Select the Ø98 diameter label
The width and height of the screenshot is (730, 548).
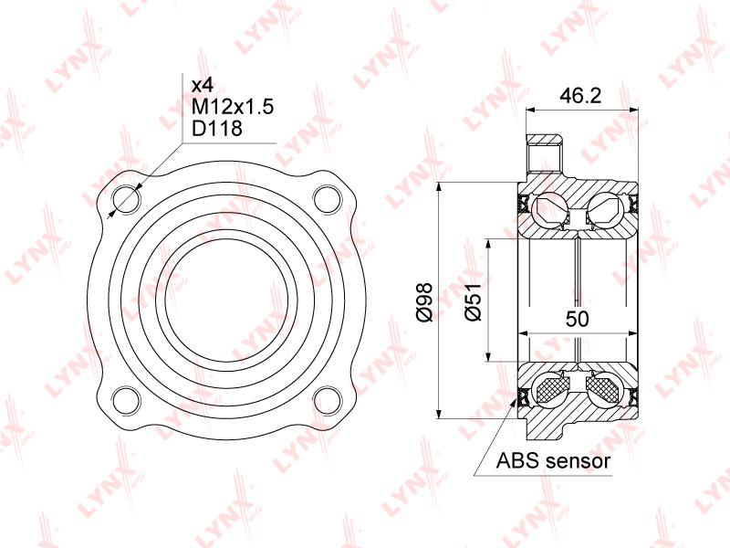[x=424, y=302]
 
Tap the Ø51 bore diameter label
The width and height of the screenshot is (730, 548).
[x=473, y=302]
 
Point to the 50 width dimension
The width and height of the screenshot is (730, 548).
[x=578, y=319]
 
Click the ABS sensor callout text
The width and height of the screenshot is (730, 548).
[x=553, y=461]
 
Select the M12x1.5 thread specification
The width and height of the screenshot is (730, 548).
[x=233, y=107]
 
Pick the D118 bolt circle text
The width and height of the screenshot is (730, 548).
[x=217, y=128]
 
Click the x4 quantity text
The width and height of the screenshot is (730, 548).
[x=203, y=86]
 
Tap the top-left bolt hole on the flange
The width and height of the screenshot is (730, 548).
[x=126, y=199]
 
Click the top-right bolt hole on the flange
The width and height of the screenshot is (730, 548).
[x=328, y=199]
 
